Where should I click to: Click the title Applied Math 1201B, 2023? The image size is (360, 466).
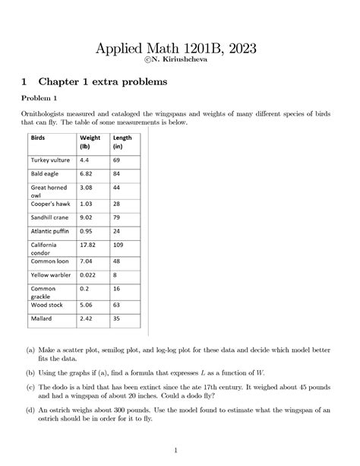click(x=180, y=49)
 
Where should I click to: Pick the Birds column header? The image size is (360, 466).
click(x=38, y=137)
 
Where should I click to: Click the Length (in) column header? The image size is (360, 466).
click(x=122, y=141)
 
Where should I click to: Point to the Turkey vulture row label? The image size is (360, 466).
click(x=50, y=161)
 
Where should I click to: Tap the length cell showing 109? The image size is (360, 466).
click(x=118, y=246)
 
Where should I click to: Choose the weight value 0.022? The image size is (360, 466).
click(x=89, y=274)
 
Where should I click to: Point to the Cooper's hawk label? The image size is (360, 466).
click(x=52, y=204)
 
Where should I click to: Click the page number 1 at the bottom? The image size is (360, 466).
click(x=180, y=448)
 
